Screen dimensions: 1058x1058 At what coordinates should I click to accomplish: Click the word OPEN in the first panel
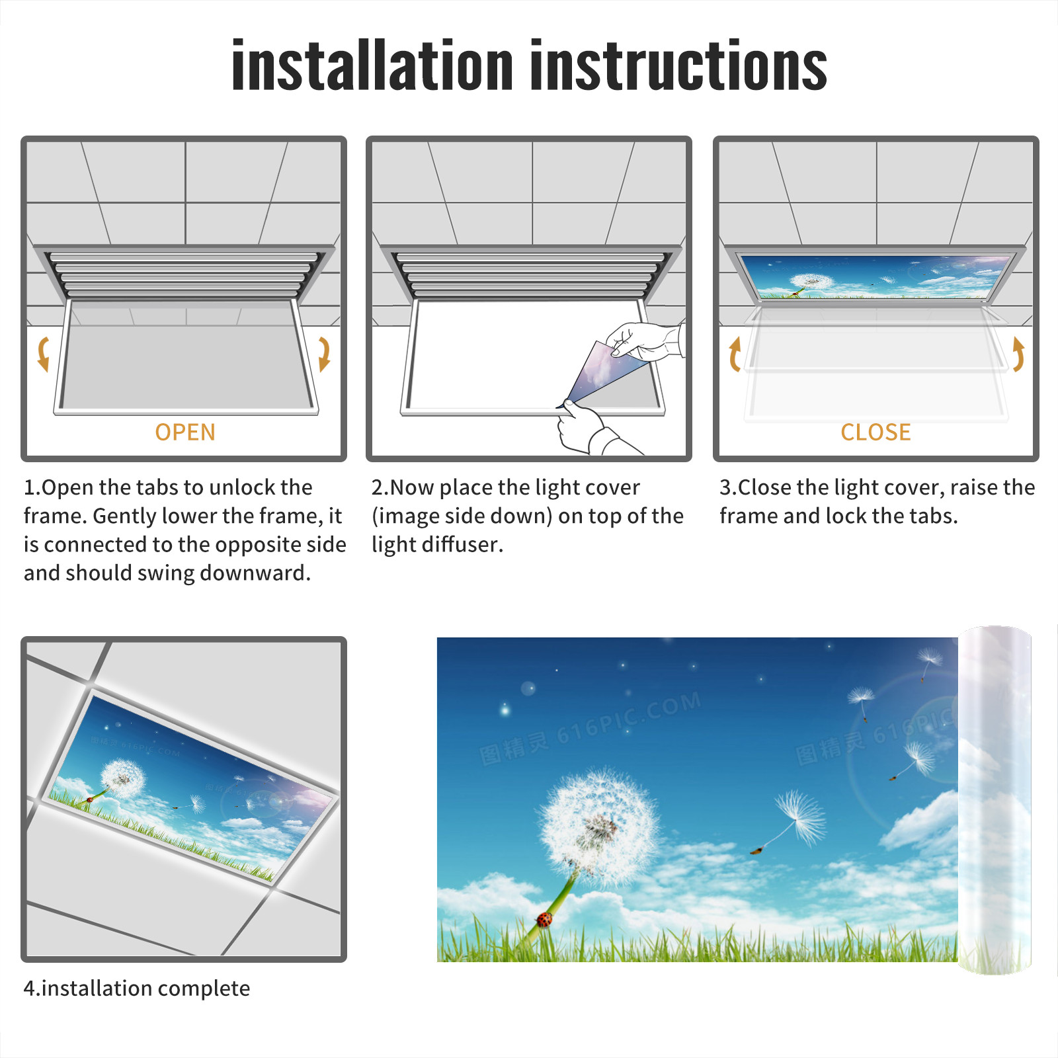[x=185, y=432]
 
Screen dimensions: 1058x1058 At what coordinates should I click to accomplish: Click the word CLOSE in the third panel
[x=875, y=432]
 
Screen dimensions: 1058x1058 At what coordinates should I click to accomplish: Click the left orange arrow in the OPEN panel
[x=43, y=354]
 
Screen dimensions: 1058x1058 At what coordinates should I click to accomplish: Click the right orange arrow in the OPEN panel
[x=324, y=354]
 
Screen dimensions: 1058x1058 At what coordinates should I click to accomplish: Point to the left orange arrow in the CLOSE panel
[x=734, y=354]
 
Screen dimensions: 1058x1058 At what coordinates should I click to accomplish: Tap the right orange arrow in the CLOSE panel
[x=1018, y=354]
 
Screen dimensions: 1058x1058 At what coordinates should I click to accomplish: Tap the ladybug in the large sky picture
[x=544, y=919]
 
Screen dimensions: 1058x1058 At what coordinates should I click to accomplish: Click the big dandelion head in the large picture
[x=598, y=827]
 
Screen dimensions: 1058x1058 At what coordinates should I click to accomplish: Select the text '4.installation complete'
[x=137, y=988]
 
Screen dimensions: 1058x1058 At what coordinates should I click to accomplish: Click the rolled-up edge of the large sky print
[x=995, y=800]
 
